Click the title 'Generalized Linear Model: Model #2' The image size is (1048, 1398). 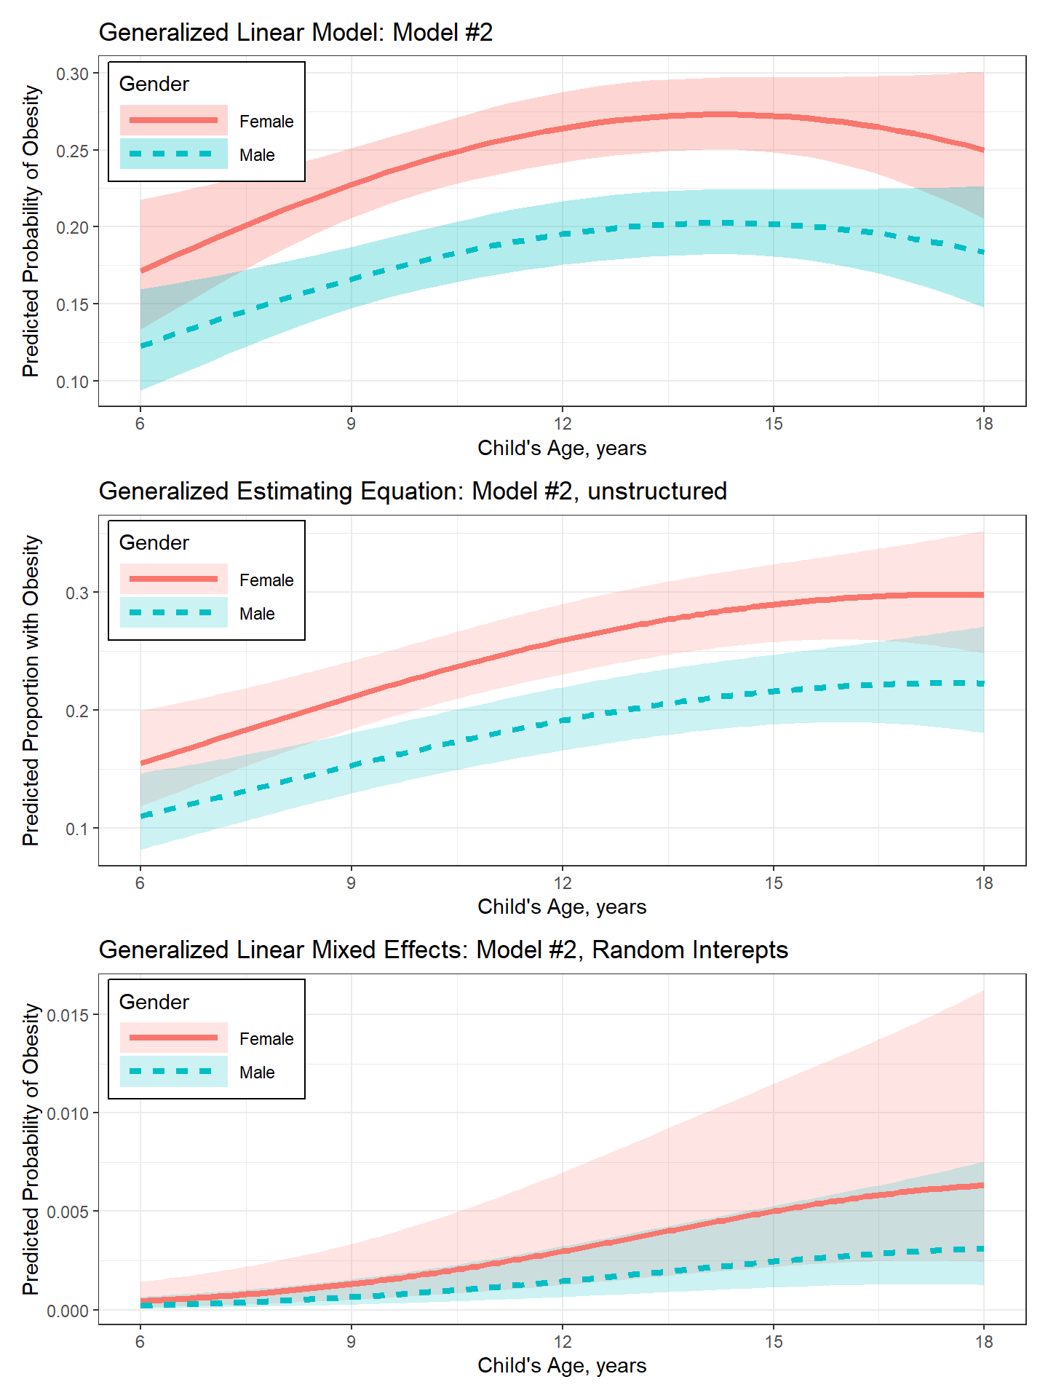[295, 33]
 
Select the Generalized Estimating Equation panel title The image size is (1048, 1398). [413, 491]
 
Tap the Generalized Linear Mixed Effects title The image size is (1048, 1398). [443, 950]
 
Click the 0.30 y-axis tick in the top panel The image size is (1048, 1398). [72, 74]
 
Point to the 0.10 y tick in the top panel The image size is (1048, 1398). [72, 382]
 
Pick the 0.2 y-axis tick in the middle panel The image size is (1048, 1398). [77, 711]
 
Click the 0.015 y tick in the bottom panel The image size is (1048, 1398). [68, 1015]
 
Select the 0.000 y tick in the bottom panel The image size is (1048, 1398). [68, 1311]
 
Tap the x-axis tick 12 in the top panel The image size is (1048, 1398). [562, 424]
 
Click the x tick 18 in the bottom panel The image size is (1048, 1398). [984, 1341]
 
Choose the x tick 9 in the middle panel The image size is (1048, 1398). [351, 882]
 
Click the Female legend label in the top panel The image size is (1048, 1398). [266, 122]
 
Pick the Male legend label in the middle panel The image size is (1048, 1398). [257, 614]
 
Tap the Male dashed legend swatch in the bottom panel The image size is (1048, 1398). [173, 1072]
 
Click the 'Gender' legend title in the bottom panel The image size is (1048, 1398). [154, 1002]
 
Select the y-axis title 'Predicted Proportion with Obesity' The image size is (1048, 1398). [31, 690]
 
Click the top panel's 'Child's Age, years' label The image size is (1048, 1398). [562, 448]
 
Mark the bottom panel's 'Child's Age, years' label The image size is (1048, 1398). [562, 1365]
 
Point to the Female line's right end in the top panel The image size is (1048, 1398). [983, 151]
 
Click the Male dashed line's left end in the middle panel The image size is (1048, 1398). [141, 816]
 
